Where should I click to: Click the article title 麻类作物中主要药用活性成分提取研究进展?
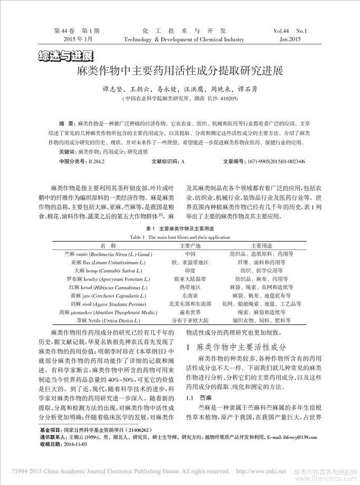pos(179,70)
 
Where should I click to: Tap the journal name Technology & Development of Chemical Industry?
pos(184,40)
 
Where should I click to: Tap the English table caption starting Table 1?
pos(179,237)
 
